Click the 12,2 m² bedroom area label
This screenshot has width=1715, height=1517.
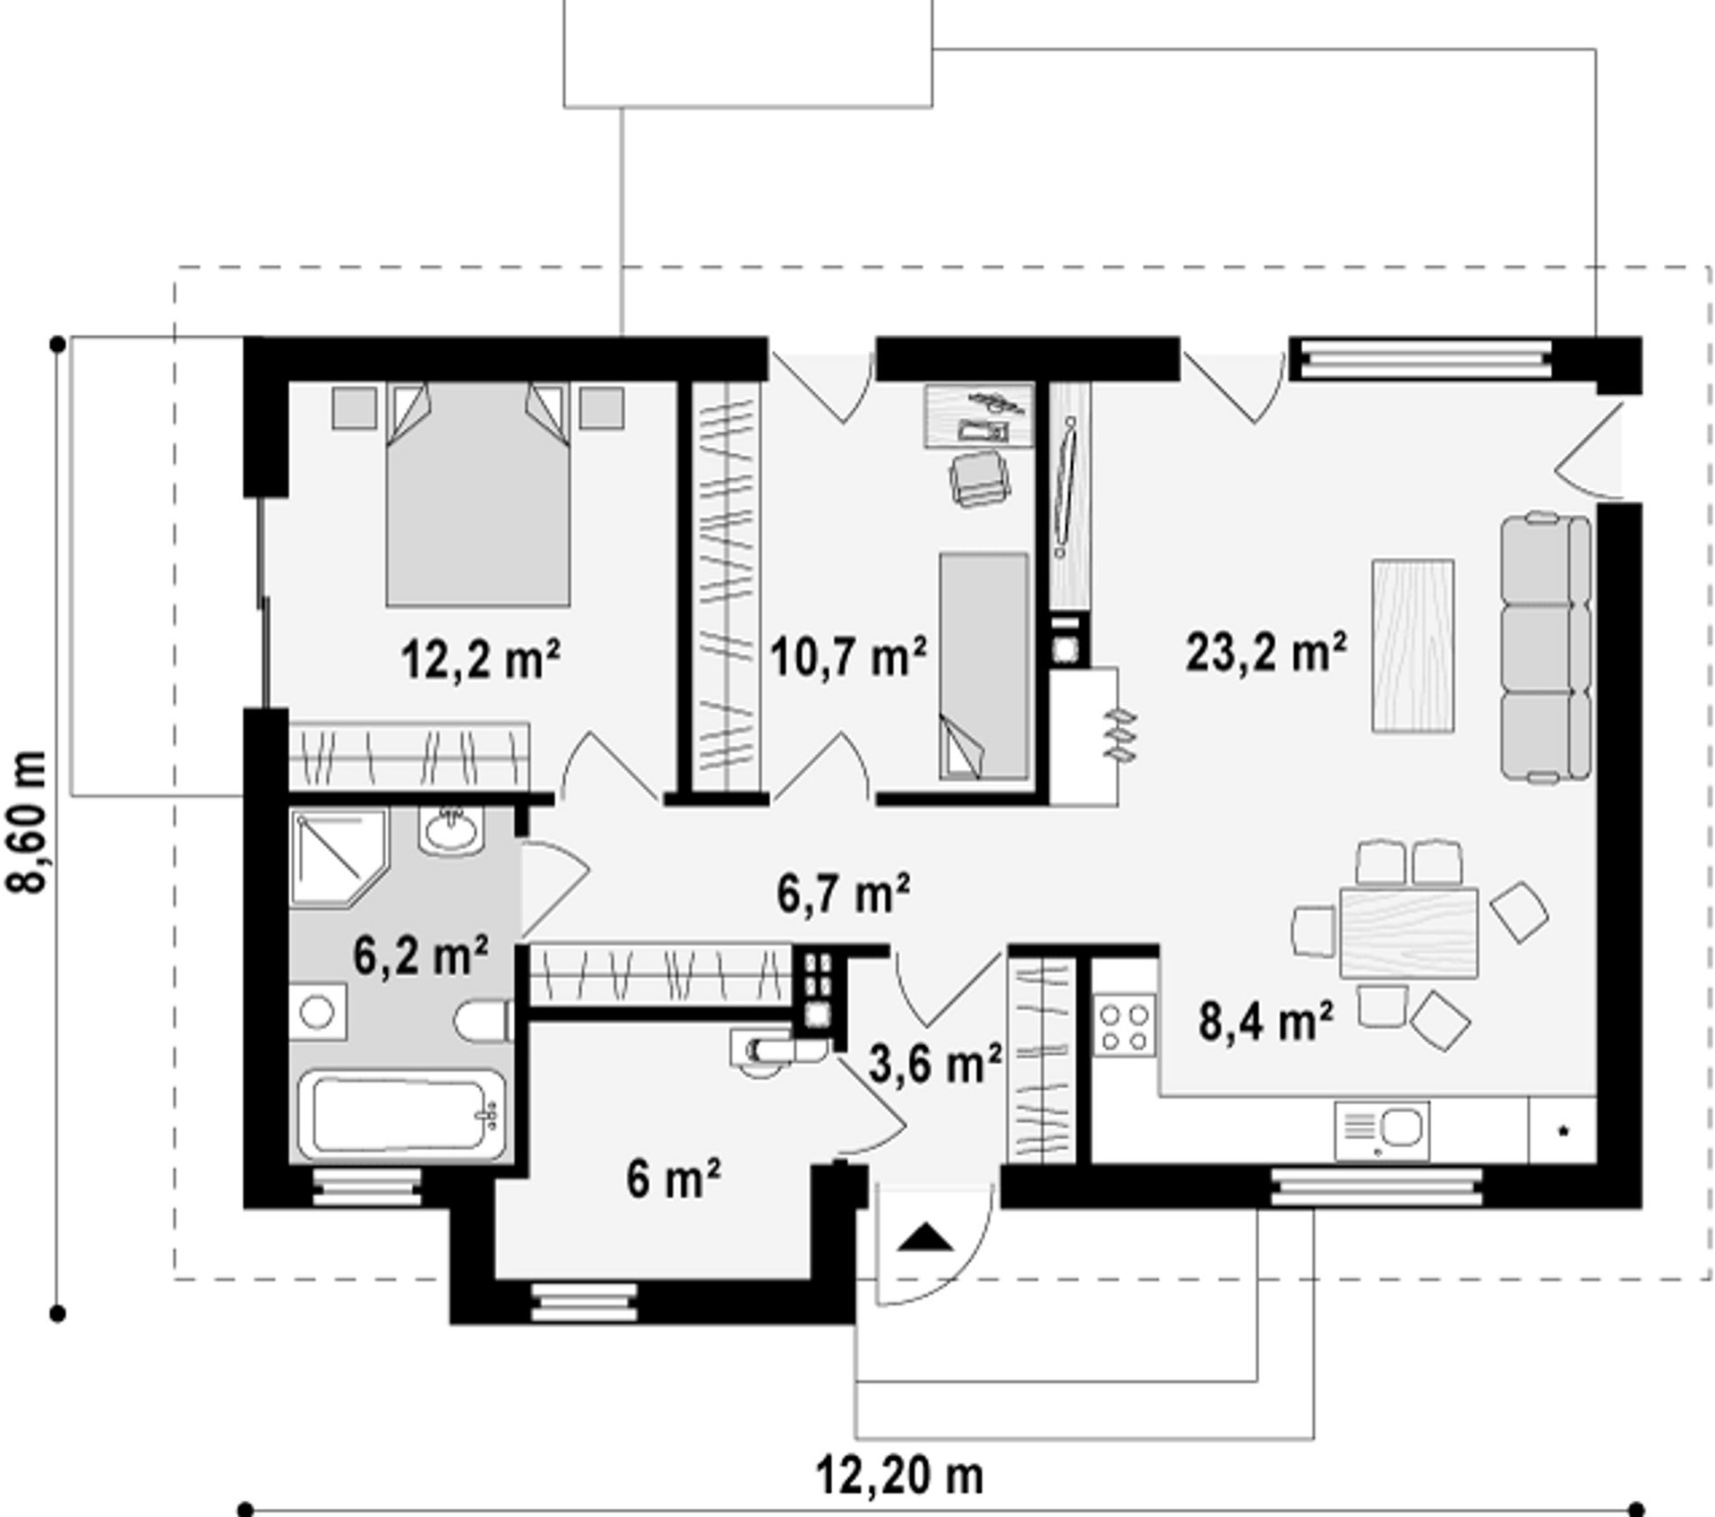coord(480,660)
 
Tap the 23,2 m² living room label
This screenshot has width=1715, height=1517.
coord(1265,651)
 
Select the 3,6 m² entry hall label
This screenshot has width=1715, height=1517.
coord(935,1064)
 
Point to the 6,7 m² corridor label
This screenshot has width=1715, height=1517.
coord(844,894)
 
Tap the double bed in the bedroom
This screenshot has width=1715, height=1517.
coord(478,494)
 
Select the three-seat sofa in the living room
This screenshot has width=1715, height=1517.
coord(1547,647)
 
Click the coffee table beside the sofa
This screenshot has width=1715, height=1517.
coord(1412,646)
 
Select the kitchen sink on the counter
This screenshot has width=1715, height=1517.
coord(1382,1131)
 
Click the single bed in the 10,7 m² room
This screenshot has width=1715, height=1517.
coord(983,666)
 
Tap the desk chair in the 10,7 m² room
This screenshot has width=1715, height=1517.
coord(977,479)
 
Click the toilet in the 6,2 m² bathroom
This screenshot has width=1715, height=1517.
coord(484,1020)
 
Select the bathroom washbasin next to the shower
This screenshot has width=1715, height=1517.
coord(451,830)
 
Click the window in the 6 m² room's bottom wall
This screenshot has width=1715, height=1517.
coord(584,1303)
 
